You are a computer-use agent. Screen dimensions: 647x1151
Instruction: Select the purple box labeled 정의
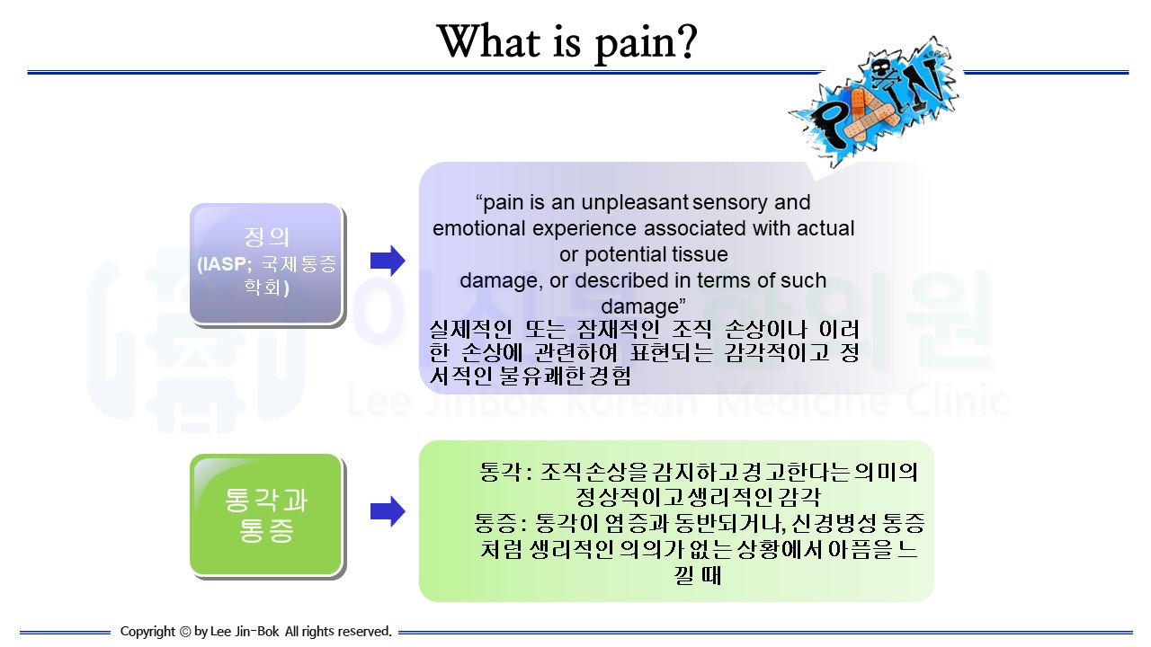click(x=266, y=263)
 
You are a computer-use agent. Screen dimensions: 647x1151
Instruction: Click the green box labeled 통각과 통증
click(x=266, y=514)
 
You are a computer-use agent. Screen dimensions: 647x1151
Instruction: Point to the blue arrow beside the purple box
click(x=388, y=261)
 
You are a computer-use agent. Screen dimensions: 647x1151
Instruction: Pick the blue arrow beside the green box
click(x=388, y=511)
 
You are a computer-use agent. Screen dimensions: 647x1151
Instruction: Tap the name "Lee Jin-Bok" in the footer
click(x=245, y=632)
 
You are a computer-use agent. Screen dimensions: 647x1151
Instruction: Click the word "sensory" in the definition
click(x=735, y=202)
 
